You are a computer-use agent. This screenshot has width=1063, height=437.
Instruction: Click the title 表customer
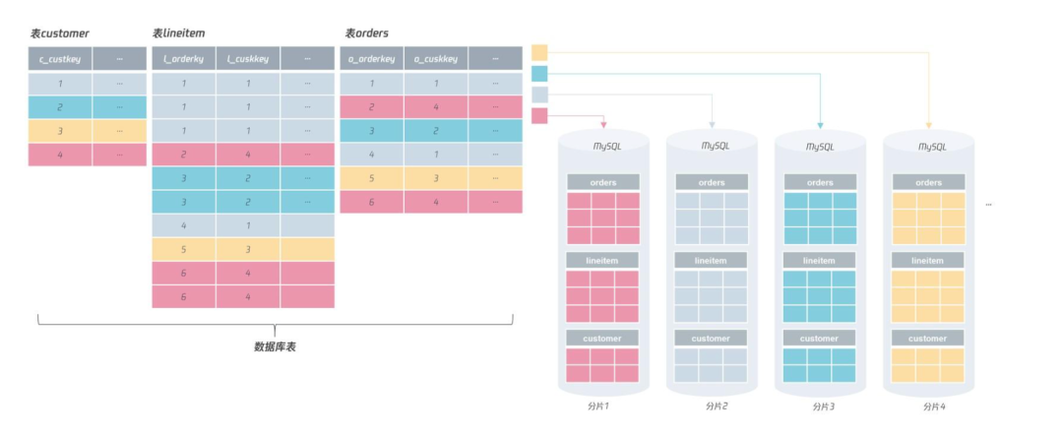point(59,33)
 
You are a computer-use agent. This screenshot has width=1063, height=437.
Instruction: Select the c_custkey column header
point(59,59)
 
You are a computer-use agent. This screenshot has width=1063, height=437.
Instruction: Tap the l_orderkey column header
point(183,59)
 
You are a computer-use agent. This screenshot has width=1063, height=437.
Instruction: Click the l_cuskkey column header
point(247,59)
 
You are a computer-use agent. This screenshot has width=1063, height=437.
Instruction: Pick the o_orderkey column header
point(371,59)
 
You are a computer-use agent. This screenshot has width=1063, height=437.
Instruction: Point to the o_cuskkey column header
point(435,59)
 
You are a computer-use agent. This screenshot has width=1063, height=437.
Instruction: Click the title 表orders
point(366,33)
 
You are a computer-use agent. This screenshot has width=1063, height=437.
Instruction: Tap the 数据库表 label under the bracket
point(275,346)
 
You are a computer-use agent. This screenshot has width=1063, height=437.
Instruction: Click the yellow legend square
point(539,52)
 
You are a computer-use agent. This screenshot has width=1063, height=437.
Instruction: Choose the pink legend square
point(539,116)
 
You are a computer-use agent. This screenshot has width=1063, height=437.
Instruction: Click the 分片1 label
point(602,406)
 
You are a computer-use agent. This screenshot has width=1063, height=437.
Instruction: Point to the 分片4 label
point(928,406)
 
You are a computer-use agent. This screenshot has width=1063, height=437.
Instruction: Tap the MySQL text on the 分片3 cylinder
point(820,146)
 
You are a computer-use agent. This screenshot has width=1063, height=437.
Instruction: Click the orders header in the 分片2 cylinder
point(712,182)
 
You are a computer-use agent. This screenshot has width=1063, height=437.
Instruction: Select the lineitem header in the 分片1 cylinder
point(602,260)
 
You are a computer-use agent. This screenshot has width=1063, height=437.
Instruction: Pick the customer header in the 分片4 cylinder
point(928,338)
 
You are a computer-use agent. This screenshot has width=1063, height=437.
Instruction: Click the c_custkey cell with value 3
point(59,131)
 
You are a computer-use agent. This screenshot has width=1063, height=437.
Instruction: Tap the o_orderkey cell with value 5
point(371,178)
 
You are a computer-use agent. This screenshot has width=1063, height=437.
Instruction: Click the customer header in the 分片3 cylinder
point(820,338)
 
